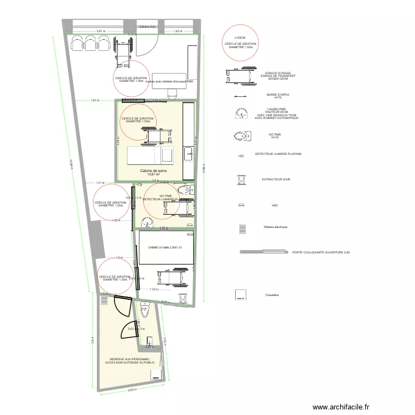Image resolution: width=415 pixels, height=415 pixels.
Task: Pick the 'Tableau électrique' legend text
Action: tap(275, 227)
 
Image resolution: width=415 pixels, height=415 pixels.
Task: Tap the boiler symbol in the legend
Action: tap(241, 295)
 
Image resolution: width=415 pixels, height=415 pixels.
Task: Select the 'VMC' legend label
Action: tap(274, 205)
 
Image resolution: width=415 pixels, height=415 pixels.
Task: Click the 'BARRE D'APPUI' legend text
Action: tap(278, 95)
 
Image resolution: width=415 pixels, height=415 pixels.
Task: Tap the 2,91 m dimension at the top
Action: tap(101, 31)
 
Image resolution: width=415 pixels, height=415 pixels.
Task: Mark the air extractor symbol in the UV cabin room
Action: tap(182, 298)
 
